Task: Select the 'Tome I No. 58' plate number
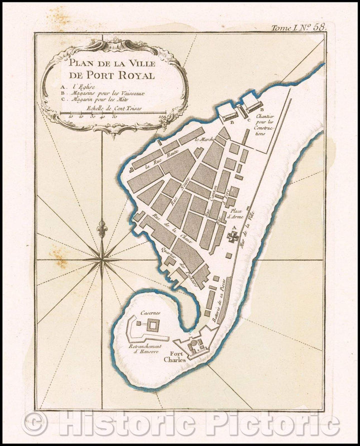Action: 298,28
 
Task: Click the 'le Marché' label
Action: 204,139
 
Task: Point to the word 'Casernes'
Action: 150,313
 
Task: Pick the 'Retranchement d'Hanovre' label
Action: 145,349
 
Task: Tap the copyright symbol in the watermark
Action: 34,424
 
